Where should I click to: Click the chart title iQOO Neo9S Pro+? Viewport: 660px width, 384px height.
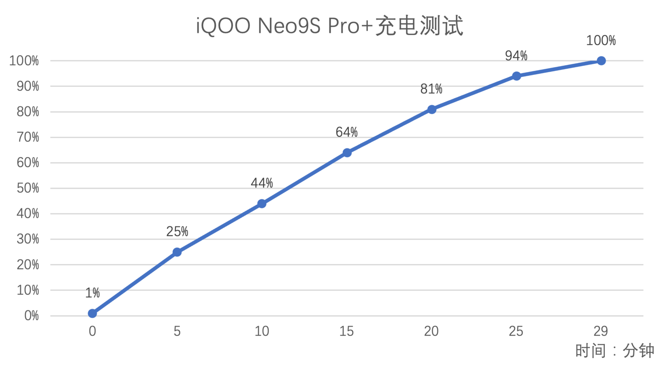pyautogui.click(x=330, y=26)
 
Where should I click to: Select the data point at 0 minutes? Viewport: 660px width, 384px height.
pyautogui.click(x=92, y=314)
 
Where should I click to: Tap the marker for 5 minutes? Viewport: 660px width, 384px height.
pyautogui.click(x=177, y=252)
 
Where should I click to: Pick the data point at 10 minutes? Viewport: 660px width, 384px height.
pyautogui.click(x=262, y=204)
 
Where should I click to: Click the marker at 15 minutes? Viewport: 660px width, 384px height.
pyautogui.click(x=347, y=153)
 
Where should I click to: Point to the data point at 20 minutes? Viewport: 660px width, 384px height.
pyautogui.click(x=431, y=109)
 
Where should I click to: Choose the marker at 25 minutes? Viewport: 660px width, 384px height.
pyautogui.click(x=516, y=76)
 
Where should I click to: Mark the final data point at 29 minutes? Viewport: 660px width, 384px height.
pyautogui.click(x=601, y=61)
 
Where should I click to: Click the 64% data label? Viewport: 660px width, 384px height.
pyautogui.click(x=346, y=132)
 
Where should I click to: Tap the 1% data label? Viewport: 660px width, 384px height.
pyautogui.click(x=92, y=293)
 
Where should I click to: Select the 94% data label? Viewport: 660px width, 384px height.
pyautogui.click(x=516, y=56)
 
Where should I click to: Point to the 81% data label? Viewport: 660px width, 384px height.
pyautogui.click(x=431, y=89)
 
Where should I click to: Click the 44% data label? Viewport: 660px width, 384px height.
pyautogui.click(x=262, y=183)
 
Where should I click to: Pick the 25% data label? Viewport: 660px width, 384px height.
pyautogui.click(x=177, y=232)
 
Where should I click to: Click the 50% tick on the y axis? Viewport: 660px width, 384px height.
pyautogui.click(x=28, y=188)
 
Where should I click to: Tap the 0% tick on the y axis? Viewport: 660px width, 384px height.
pyautogui.click(x=31, y=316)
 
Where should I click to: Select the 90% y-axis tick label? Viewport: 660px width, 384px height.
pyautogui.click(x=28, y=87)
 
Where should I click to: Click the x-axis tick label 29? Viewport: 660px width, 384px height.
pyautogui.click(x=601, y=331)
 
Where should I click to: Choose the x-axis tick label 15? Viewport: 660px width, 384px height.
pyautogui.click(x=346, y=331)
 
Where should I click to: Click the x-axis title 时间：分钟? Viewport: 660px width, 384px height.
pyautogui.click(x=614, y=351)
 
